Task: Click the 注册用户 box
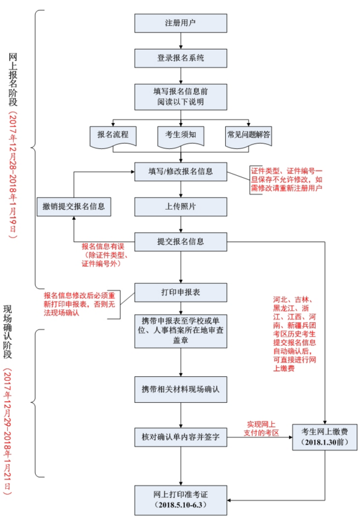coord(180,23)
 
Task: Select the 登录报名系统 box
coord(180,58)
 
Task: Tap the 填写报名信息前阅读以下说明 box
coord(180,97)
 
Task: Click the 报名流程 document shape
coord(113,135)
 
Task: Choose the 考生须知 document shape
coord(180,135)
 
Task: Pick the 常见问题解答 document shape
coord(249,135)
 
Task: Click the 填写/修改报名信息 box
coord(180,172)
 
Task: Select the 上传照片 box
coord(180,206)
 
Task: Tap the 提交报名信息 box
coord(180,241)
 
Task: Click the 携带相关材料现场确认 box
coord(180,389)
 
